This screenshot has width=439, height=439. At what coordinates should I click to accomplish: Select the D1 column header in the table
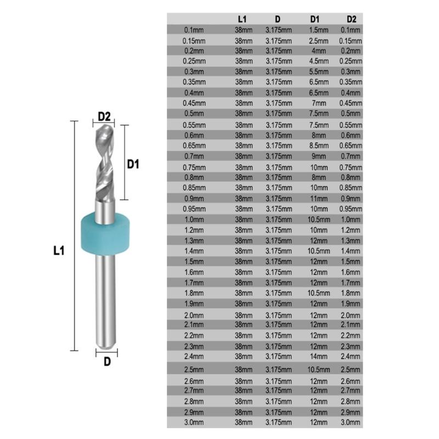coord(318,19)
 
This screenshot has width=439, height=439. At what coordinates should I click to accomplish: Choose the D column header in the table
coord(279,19)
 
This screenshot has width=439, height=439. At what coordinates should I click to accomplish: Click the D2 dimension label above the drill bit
coord(105,116)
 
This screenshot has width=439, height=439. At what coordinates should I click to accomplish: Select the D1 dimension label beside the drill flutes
coord(133,164)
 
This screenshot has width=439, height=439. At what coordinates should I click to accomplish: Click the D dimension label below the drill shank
coord(107,362)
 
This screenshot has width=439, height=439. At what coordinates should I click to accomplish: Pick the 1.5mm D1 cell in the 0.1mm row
coord(318,30)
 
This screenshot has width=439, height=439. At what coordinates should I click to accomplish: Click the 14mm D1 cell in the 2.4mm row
coord(318,356)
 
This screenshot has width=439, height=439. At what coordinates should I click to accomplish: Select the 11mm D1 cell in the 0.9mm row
coord(318,198)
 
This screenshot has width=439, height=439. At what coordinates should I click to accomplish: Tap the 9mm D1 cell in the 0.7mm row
coord(318,156)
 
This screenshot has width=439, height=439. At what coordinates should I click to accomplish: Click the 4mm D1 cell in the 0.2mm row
coord(318,50)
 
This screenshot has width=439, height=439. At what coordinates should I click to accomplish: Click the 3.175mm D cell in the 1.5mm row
coord(279,261)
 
